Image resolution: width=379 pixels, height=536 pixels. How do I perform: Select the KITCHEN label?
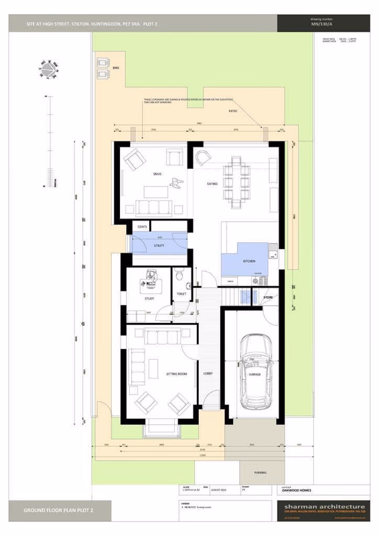click(249, 261)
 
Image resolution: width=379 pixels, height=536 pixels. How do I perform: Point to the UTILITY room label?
click(159, 246)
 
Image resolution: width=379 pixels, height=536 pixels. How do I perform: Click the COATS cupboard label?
click(142, 226)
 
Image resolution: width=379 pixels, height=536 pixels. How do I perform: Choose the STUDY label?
click(149, 299)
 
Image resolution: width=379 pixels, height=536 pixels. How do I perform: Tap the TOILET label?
click(181, 293)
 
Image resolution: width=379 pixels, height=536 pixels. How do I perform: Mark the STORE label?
click(268, 296)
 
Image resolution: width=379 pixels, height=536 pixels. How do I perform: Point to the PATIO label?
click(233, 111)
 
